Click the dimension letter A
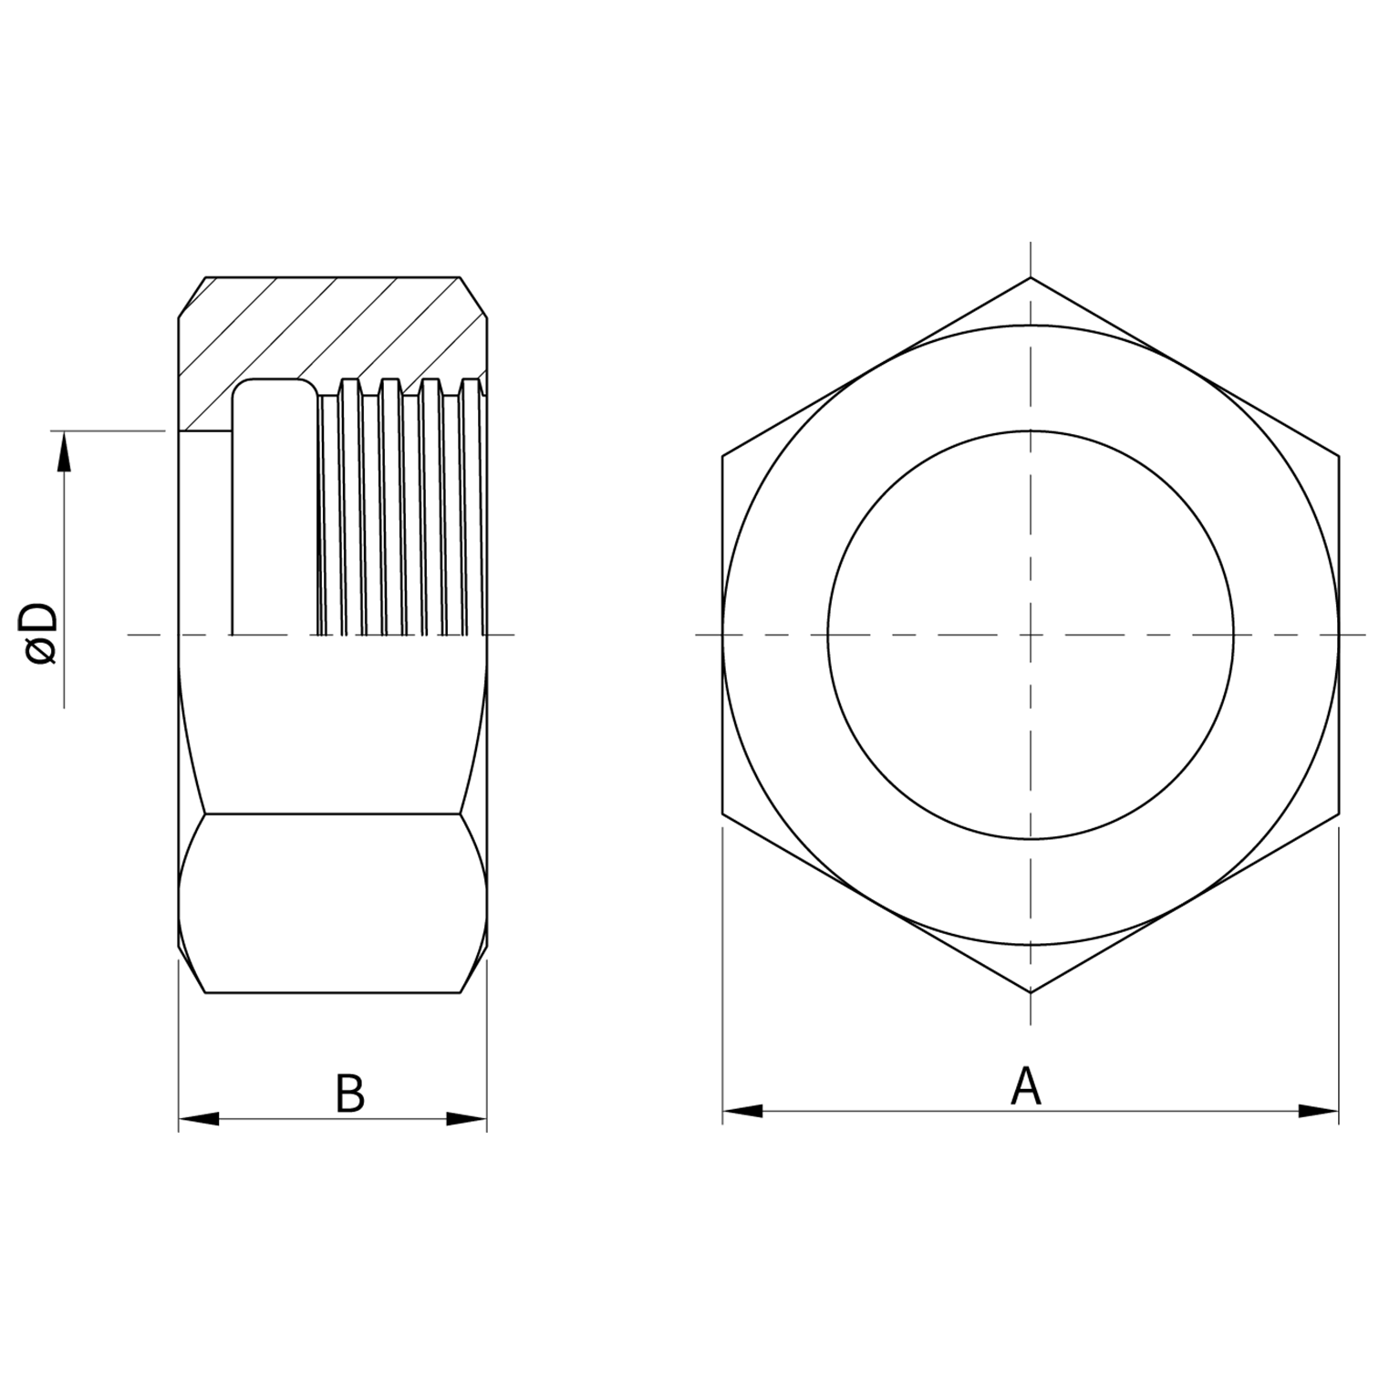1025,1086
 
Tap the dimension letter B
349,1094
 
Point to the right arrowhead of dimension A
1319,1111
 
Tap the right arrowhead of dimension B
467,1119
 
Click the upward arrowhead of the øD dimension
64,452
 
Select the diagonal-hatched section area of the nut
328,328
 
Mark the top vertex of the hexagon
1031,276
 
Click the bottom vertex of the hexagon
1031,992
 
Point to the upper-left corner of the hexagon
722,455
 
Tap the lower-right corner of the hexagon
1339,813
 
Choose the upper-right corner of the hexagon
1339,455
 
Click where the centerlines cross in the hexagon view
1031,634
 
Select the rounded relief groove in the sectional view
274,502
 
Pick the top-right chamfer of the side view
473,297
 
